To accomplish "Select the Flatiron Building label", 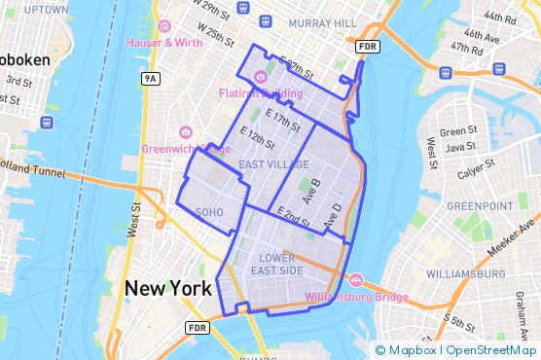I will click(260, 93).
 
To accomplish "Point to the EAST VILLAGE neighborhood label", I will click(273, 164).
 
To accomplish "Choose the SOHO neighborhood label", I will click(209, 211).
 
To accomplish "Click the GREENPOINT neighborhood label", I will click(480, 206).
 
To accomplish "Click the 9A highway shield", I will click(149, 78).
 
